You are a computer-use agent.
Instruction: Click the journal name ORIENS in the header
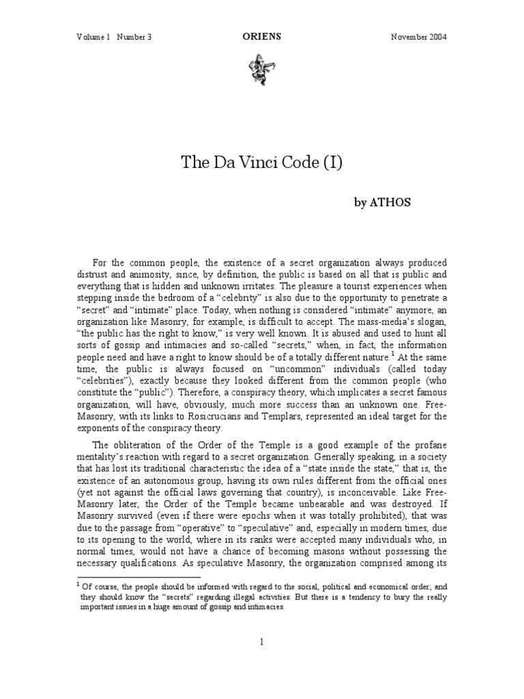[x=261, y=36]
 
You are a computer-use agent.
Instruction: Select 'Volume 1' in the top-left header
[x=93, y=36]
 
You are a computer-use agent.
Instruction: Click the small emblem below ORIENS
[x=261, y=66]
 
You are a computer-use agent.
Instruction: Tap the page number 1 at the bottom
[x=261, y=641]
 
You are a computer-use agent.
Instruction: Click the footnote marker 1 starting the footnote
[x=78, y=584]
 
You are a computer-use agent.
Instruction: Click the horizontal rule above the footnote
[x=137, y=577]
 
